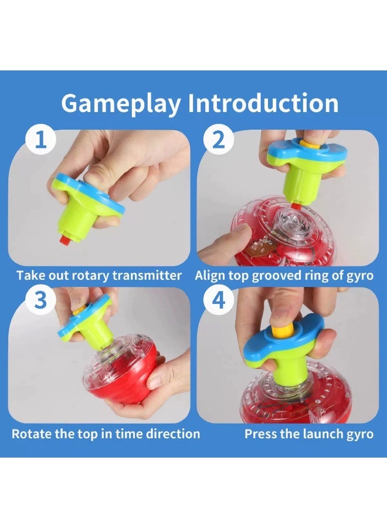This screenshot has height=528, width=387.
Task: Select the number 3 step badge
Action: tap(40, 300)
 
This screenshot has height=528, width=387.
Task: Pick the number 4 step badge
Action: tap(218, 300)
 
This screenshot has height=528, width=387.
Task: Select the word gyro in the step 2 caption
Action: tap(358, 275)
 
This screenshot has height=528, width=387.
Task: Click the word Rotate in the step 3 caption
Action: tap(30, 434)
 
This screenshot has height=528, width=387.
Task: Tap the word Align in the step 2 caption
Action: tap(209, 275)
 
